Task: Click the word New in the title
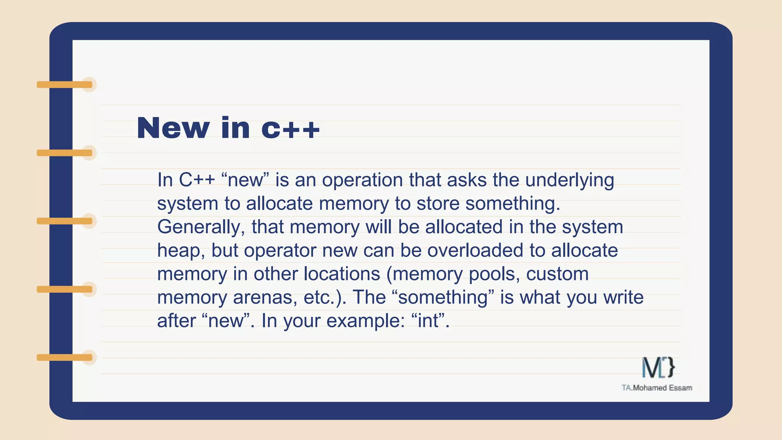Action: point(173,128)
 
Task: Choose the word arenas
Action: point(265,298)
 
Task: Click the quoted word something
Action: point(443,298)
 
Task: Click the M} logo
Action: point(658,367)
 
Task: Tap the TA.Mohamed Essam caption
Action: point(657,388)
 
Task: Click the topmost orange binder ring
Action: point(65,85)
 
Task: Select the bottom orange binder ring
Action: point(65,357)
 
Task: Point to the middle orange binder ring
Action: point(65,221)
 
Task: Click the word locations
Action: point(342,274)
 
